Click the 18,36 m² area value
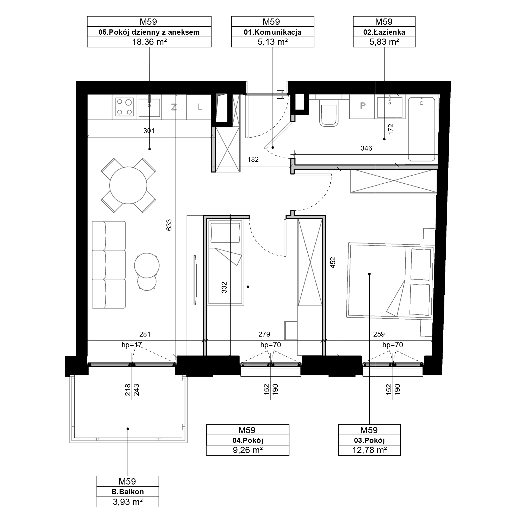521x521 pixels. coord(149,42)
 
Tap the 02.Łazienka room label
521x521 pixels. coord(384,32)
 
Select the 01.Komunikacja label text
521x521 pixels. coord(273,32)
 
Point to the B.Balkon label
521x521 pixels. coord(128,492)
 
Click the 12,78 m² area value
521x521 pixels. coord(369,450)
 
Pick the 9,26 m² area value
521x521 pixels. coord(248,450)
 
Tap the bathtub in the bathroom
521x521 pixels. coord(421,129)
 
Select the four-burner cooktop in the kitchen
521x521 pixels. coord(124,107)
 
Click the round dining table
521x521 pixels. coord(128,185)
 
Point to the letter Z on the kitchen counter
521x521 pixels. coord(174,107)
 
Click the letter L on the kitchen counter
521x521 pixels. coord(200,107)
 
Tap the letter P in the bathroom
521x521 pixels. coord(363,106)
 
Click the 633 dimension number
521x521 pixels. coord(169,225)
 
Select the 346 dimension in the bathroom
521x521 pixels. coord(366,148)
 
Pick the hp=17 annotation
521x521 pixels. coord(132,345)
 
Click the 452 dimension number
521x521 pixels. coord(333,263)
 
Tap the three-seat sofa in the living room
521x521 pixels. coord(109,265)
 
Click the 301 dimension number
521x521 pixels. coord(149,131)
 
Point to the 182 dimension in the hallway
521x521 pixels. coord(253,159)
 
